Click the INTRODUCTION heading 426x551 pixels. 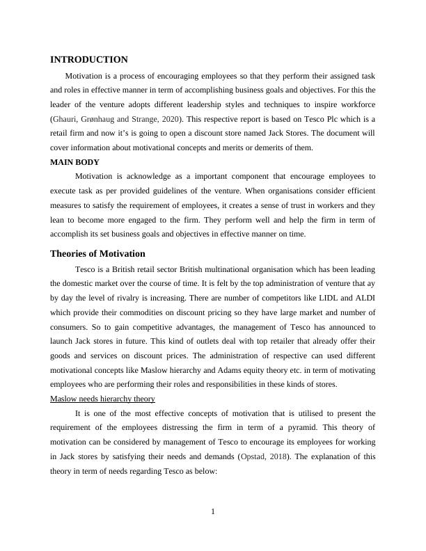[x=89, y=60]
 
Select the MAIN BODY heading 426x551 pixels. [x=74, y=162]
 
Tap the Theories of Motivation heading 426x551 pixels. [x=97, y=253]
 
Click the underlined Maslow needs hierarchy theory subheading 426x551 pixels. [x=102, y=399]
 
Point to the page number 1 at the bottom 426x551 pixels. [x=213, y=513]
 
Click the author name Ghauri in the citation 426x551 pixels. [x=66, y=118]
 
